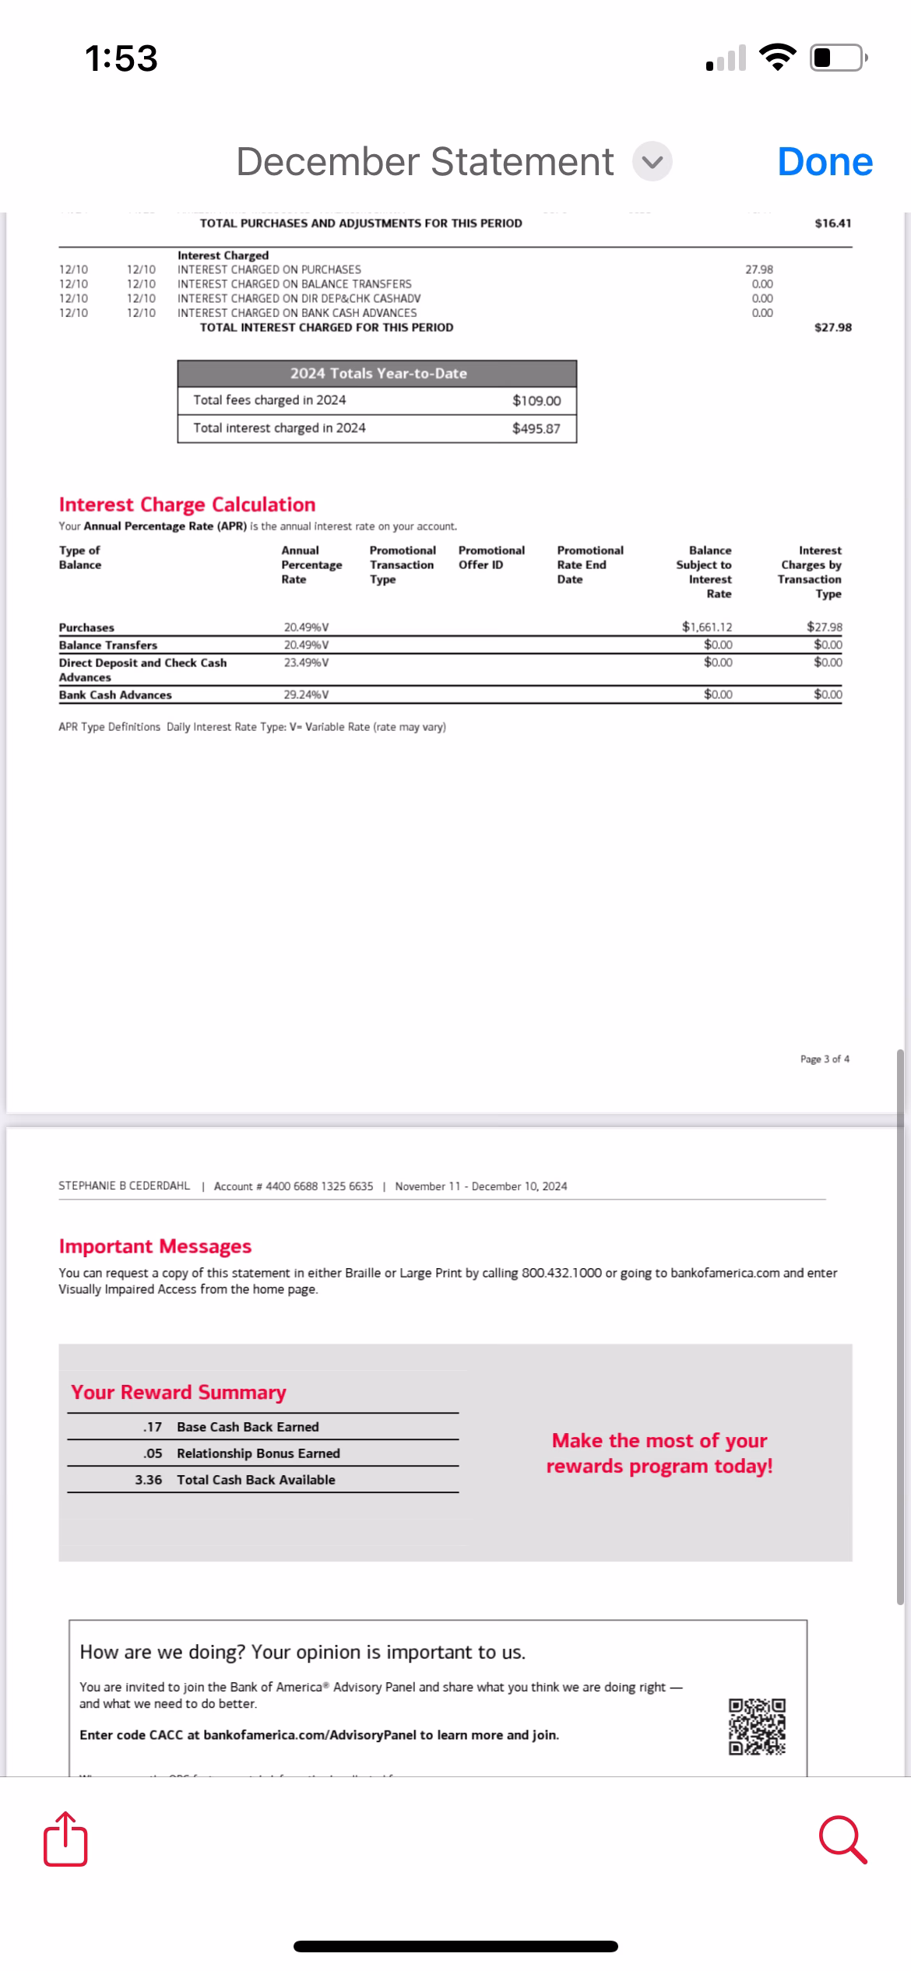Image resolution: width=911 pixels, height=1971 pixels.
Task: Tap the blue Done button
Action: (x=825, y=162)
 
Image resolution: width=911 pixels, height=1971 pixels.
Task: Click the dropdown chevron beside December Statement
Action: (x=652, y=162)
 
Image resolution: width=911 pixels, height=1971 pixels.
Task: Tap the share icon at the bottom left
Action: (x=65, y=1839)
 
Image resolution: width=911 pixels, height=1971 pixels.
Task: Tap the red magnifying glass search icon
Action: (x=842, y=1840)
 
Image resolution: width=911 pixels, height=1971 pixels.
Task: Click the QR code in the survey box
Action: (x=757, y=1727)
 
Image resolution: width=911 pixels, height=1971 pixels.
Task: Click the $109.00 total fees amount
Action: (x=536, y=401)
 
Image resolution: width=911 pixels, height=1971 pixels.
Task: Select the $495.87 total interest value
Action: (x=536, y=428)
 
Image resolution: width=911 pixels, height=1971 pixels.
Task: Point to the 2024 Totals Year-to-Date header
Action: (x=378, y=374)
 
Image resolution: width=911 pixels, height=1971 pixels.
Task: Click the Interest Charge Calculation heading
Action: (x=187, y=504)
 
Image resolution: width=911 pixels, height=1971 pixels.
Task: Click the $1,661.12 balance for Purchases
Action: (x=706, y=627)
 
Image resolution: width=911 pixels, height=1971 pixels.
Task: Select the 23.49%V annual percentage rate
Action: (x=306, y=662)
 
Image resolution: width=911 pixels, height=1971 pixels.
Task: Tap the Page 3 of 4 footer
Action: (x=825, y=1059)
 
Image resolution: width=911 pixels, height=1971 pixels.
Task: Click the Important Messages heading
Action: (x=155, y=1246)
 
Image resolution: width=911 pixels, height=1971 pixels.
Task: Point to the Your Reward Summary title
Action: (x=178, y=1392)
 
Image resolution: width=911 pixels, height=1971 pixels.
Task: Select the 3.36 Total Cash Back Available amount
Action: (x=148, y=1480)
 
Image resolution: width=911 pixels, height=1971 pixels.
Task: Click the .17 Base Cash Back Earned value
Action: (x=152, y=1427)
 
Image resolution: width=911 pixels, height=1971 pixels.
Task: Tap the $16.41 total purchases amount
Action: (x=832, y=223)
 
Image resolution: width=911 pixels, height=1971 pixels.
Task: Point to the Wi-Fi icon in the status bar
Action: (x=778, y=57)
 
